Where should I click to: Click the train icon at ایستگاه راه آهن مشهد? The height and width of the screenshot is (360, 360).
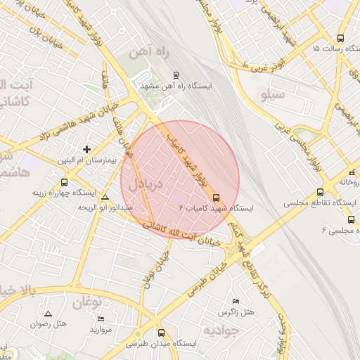(176, 73)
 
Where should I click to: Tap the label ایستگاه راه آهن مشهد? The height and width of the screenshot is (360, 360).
(176, 85)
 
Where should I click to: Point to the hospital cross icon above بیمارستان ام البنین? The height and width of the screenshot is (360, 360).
(86, 149)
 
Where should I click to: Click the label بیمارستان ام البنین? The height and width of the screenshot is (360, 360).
(84, 161)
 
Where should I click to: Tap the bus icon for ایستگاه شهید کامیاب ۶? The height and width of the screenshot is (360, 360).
(216, 198)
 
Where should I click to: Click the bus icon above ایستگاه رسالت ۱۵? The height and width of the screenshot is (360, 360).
(340, 39)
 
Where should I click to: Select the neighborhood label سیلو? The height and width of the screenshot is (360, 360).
(273, 94)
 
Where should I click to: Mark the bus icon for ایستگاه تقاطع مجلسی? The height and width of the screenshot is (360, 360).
(321, 192)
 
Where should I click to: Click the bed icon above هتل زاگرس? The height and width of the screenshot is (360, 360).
(235, 300)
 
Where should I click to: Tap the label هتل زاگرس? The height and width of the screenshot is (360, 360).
(234, 311)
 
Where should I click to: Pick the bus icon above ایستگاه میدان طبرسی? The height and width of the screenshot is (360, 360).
(162, 333)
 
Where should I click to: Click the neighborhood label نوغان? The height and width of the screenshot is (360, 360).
(86, 303)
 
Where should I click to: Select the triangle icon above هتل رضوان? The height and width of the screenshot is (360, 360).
(48, 314)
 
